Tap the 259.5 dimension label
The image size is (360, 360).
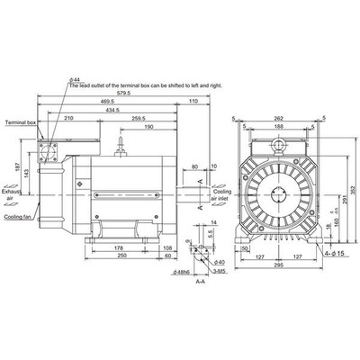click(x=139, y=120)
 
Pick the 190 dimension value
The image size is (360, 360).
click(x=145, y=129)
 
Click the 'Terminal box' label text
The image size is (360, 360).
click(x=17, y=121)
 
